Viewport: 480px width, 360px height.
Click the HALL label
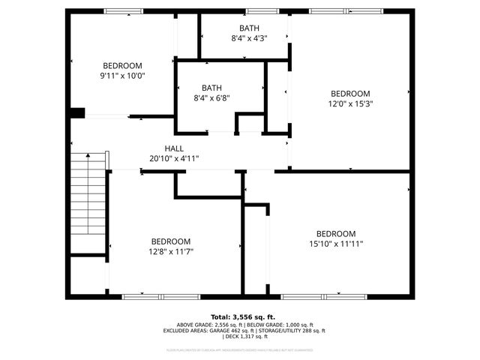coord(174,148)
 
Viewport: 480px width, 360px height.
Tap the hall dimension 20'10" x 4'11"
coord(174,158)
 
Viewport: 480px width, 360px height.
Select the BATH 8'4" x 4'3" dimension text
coord(249,37)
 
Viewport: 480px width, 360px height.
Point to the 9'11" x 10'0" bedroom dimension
coord(122,75)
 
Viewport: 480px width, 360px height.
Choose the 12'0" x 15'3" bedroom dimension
coord(350,103)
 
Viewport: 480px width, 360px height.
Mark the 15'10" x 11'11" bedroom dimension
coord(336,244)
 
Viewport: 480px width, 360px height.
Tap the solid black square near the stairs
coord(77,113)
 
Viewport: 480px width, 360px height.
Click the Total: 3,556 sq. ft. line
coord(243,316)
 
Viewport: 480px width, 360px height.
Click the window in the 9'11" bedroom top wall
coord(124,11)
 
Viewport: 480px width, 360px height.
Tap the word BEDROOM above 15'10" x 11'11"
coord(336,234)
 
